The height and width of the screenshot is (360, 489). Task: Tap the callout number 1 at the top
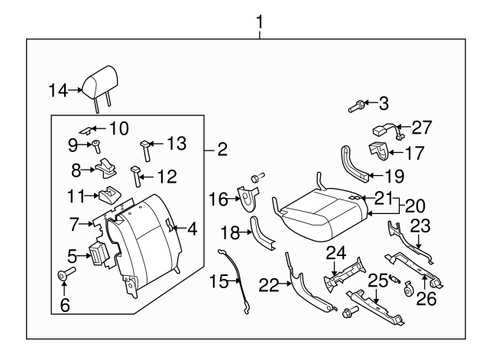click(260, 21)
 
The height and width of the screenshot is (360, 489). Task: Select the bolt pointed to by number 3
click(355, 107)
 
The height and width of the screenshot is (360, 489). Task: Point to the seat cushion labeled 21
click(317, 208)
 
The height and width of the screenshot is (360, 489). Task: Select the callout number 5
click(71, 255)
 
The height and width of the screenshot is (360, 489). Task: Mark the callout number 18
click(230, 232)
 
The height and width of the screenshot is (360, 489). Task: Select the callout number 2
click(222, 150)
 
